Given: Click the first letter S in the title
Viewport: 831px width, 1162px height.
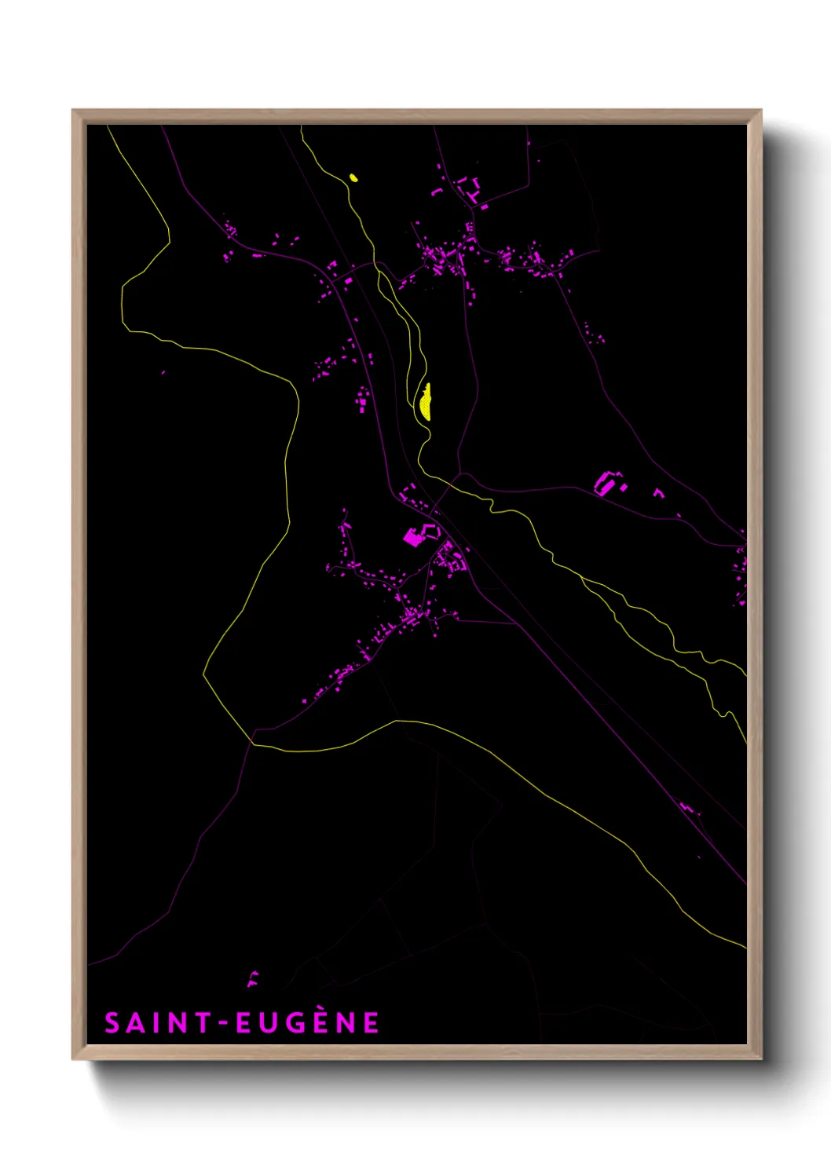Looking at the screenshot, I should click(x=112, y=1023).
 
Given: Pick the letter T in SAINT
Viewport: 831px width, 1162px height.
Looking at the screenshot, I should click(x=202, y=1023).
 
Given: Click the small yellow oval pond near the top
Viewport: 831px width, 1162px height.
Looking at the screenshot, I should click(x=353, y=177).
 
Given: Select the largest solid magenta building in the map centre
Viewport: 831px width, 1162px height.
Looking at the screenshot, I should click(x=413, y=538).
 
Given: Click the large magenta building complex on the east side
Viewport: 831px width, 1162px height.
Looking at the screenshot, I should click(x=607, y=483).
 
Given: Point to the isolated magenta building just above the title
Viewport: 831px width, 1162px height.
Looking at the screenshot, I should click(x=252, y=978).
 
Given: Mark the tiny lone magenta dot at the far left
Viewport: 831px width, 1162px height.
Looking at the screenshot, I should click(x=163, y=372).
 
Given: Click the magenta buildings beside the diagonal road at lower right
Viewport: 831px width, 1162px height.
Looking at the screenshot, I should click(x=689, y=807).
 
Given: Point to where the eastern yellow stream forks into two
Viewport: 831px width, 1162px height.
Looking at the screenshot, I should click(x=583, y=579).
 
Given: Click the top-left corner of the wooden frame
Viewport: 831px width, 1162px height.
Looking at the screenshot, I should click(x=73, y=111).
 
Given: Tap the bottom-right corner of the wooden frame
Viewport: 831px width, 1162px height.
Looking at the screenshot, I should click(x=760, y=1058).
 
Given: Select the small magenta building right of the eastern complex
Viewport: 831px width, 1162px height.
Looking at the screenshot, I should click(x=658, y=493).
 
